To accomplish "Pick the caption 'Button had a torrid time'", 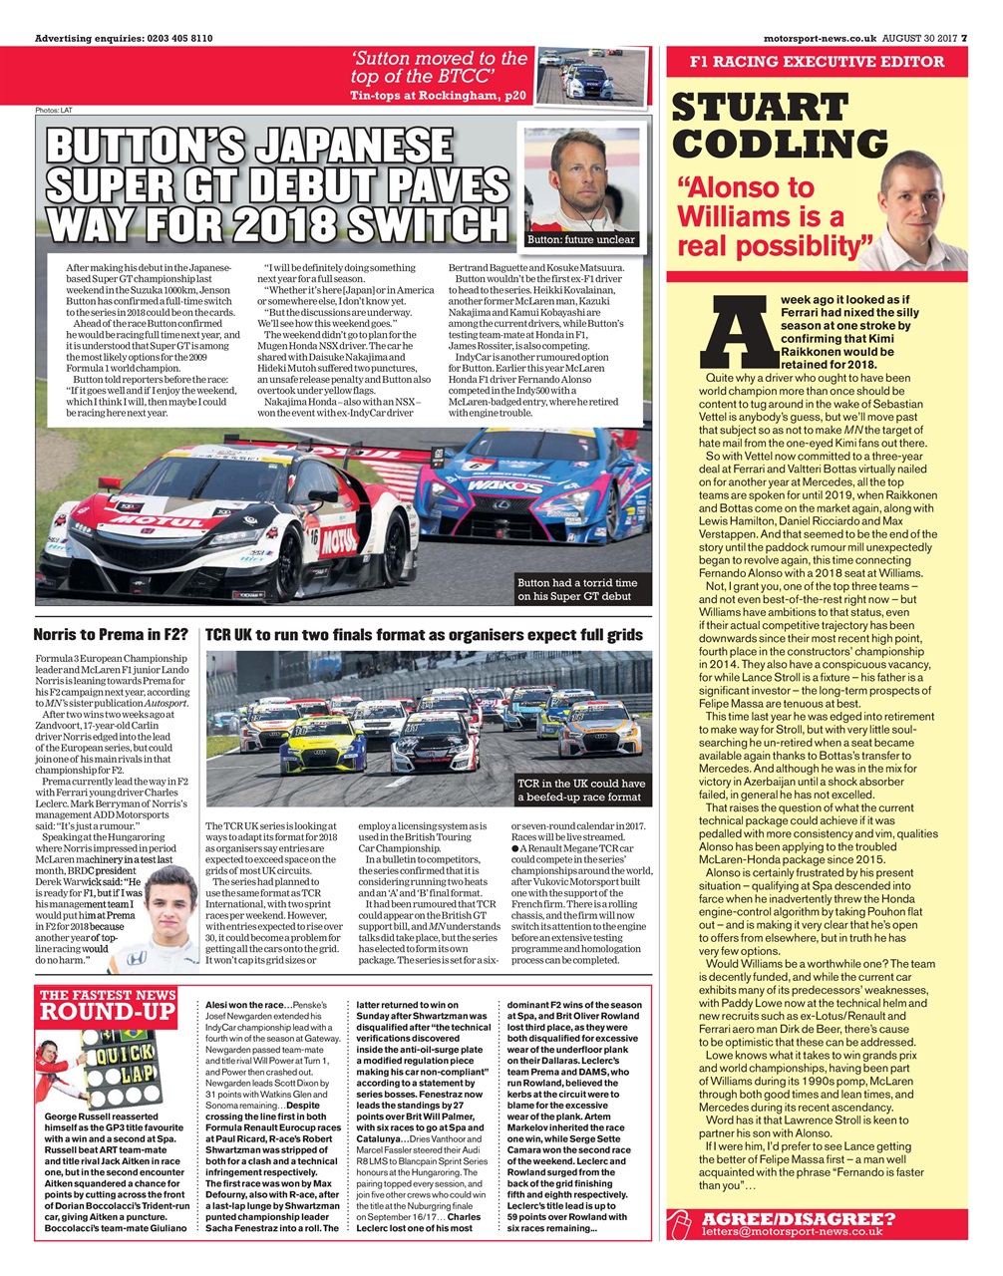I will point(577,582).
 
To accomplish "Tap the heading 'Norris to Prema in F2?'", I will point(111,634).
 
